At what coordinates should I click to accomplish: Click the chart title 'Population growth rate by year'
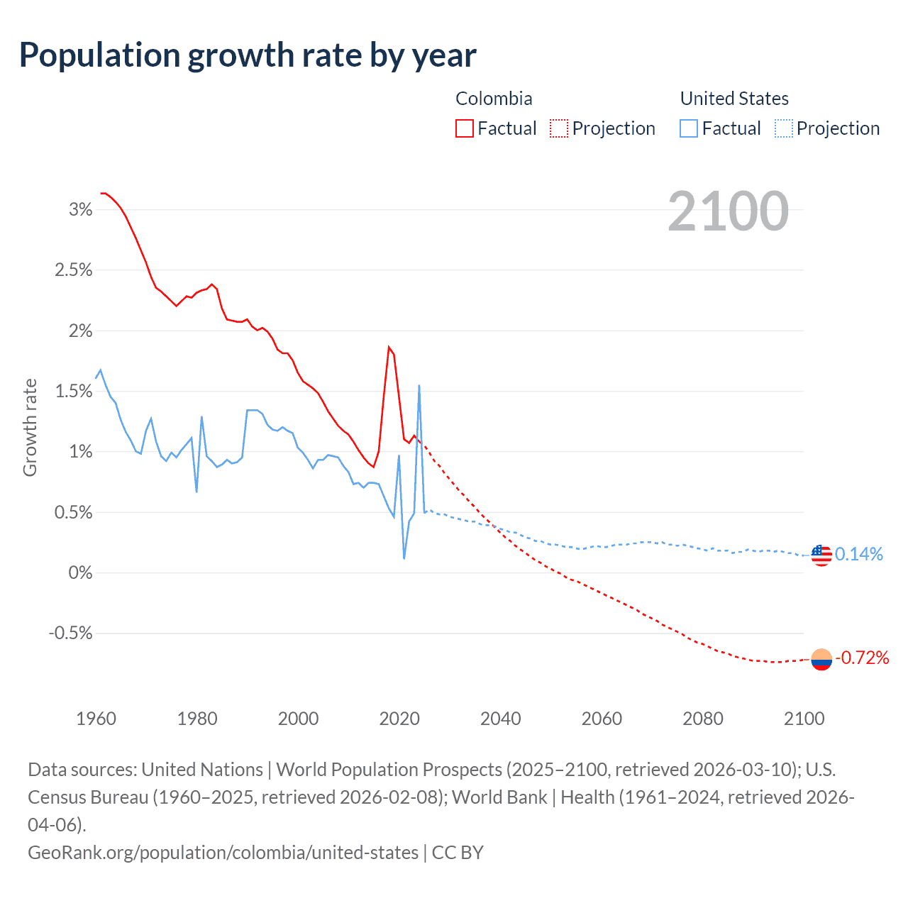248,55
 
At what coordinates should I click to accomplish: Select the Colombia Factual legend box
465,128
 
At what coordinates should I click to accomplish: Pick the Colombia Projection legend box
559,128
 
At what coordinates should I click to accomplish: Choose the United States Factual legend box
689,128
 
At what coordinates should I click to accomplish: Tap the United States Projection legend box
783,128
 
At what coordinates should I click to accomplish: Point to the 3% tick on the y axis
81,209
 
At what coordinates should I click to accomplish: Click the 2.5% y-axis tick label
74,270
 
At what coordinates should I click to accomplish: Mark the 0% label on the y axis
81,572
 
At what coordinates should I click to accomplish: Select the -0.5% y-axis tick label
70,633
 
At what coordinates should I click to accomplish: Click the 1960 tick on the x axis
96,719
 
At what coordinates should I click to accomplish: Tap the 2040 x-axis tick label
501,719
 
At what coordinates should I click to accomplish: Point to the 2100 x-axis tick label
804,719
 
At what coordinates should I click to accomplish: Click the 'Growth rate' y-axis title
30,428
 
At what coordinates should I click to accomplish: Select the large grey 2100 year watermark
728,211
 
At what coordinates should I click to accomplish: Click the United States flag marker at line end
821,555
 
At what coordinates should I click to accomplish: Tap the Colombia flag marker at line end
821,659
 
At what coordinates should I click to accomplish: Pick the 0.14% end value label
859,554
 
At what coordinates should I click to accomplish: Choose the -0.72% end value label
862,658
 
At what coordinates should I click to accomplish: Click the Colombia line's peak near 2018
389,347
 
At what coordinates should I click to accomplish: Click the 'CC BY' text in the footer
458,852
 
